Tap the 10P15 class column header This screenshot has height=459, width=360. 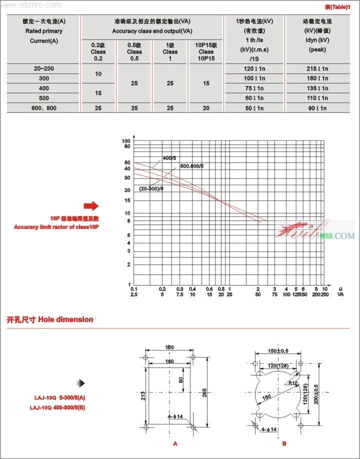tap(206, 51)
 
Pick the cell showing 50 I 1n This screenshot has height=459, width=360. tap(254, 107)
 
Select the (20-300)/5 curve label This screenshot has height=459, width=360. tap(151, 188)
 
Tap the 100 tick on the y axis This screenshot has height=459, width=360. tap(126, 141)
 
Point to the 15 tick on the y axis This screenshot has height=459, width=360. tap(127, 200)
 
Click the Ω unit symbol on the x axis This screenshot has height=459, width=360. tap(340, 289)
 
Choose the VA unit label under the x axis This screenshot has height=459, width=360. tap(340, 294)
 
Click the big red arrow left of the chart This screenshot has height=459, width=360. tap(91, 206)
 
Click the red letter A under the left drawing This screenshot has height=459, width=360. tap(175, 443)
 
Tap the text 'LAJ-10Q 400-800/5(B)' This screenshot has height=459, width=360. tap(57, 407)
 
